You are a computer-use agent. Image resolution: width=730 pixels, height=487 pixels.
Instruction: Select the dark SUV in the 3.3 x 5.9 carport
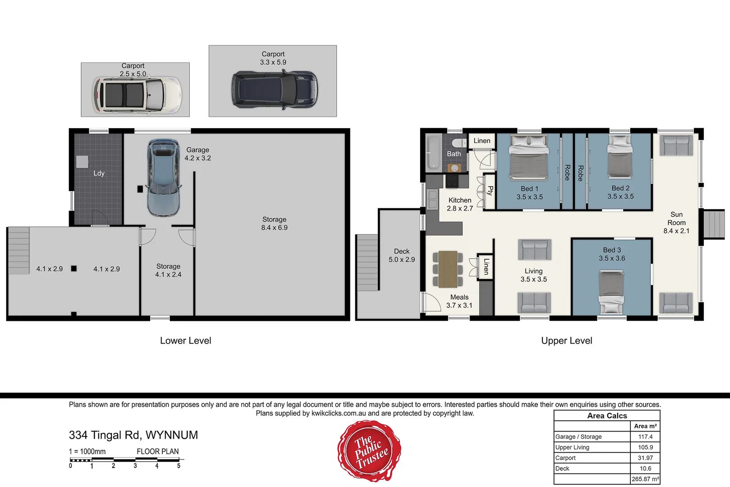pos(274,89)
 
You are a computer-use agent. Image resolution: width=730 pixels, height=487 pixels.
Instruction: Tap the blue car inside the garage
pos(163,178)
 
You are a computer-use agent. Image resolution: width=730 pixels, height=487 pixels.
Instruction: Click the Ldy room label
pos(99,173)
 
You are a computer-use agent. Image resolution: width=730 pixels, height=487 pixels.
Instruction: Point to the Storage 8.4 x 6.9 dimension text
pos(274,228)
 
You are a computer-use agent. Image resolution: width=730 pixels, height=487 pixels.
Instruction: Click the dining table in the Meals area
pos(448,269)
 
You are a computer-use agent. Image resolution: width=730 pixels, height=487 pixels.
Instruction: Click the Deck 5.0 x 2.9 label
pos(402,255)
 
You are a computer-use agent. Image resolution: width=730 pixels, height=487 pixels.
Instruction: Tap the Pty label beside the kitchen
pos(490,190)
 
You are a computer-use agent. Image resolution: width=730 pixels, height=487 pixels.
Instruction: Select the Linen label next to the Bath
pos(482,141)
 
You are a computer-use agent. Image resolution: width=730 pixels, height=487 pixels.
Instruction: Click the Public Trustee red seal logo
pos(369,451)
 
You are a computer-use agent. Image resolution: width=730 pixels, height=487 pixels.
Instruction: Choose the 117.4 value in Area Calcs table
pos(645,436)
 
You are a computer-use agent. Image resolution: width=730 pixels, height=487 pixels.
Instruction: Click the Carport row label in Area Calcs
pos(565,458)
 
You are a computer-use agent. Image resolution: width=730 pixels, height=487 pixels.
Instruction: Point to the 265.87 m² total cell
pos(645,479)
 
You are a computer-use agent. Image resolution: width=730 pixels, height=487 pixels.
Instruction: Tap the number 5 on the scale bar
pos(179,466)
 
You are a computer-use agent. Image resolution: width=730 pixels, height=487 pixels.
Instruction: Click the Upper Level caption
pos(566,340)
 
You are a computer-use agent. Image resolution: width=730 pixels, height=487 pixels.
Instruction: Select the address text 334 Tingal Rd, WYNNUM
pos(133,435)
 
